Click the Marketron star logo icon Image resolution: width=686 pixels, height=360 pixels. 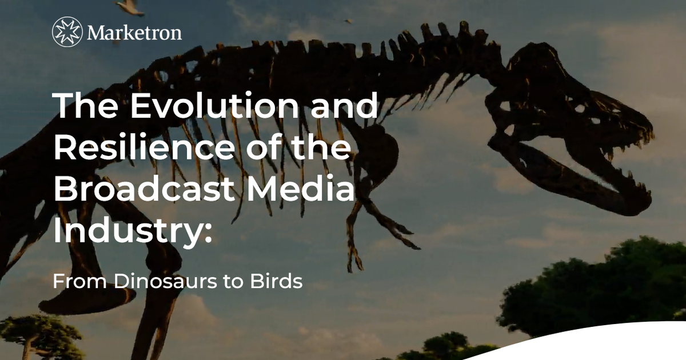[x=67, y=32]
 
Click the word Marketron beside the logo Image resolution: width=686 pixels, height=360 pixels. [x=135, y=32]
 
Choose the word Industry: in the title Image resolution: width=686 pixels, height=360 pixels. [x=132, y=231]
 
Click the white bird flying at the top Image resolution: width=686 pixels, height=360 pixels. [x=130, y=7]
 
